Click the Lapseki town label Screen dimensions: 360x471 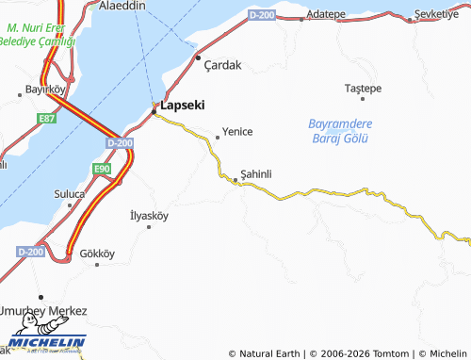[x=183, y=106]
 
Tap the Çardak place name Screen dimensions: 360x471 [x=223, y=65]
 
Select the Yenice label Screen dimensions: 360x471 [x=236, y=132]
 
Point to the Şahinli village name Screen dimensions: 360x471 [x=256, y=173]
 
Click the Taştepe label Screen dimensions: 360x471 [x=363, y=88]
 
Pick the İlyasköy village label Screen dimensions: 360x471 [x=149, y=216]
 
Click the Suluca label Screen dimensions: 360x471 [x=69, y=194]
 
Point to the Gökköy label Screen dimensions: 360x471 [x=97, y=254]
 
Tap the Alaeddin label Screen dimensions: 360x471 [x=122, y=6]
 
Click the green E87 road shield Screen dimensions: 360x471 [x=46, y=117]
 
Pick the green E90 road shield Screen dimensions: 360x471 [x=102, y=169]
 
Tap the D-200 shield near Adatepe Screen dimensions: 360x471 [x=263, y=15]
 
